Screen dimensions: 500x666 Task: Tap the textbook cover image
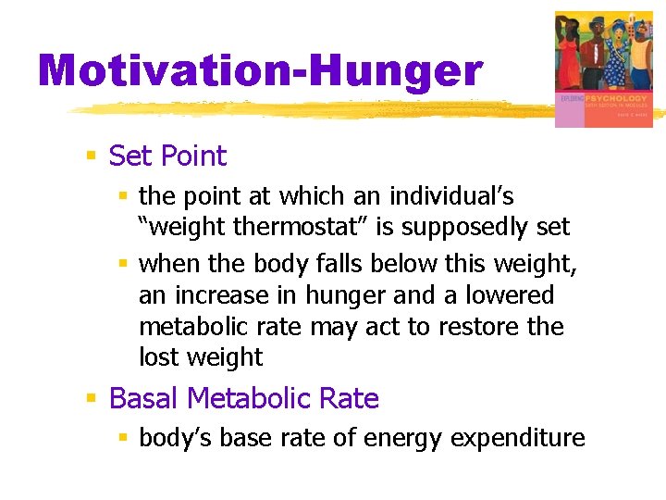[x=603, y=69]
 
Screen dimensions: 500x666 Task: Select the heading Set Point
[x=167, y=156]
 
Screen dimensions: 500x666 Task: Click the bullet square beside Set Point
[x=92, y=156]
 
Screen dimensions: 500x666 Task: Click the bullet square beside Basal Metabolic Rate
[x=92, y=398]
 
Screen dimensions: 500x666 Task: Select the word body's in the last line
[x=172, y=438]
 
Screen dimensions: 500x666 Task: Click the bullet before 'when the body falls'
[x=123, y=264]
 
